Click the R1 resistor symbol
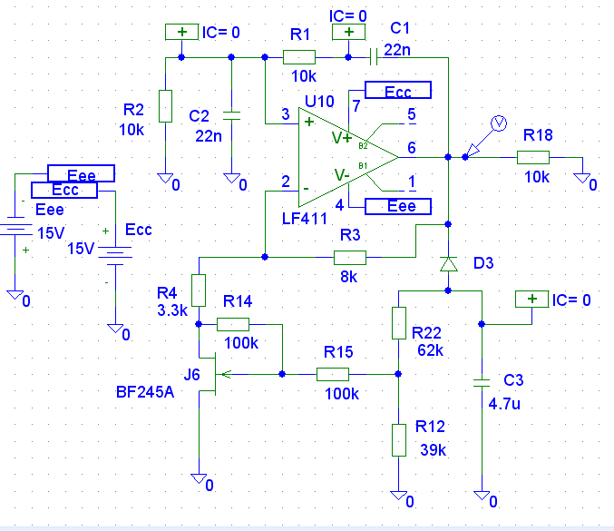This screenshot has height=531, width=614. click(299, 57)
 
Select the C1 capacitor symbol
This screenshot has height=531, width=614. click(374, 57)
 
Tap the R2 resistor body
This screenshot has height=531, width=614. click(165, 106)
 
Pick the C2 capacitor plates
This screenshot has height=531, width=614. click(231, 115)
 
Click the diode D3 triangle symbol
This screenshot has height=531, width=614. click(448, 264)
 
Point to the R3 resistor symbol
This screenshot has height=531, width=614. click(350, 258)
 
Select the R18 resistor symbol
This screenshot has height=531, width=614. click(533, 158)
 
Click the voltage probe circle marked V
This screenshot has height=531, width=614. click(499, 123)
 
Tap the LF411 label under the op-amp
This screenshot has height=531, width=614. click(304, 219)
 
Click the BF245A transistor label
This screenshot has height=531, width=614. click(145, 392)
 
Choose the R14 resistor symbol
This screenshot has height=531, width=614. click(233, 324)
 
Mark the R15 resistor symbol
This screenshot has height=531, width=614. click(333, 374)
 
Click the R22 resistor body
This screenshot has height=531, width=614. click(399, 323)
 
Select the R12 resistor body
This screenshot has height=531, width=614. click(399, 440)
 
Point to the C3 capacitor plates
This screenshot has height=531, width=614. click(482, 382)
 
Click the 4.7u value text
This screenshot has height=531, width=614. click(504, 403)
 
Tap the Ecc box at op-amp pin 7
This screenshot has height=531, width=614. click(398, 90)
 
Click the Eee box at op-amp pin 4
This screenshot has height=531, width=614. click(398, 206)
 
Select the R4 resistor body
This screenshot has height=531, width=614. click(199, 290)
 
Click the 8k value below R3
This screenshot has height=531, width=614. click(348, 277)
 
